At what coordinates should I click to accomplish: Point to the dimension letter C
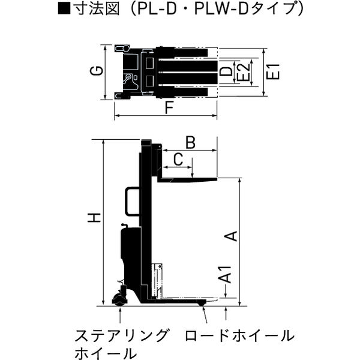pos(178,159)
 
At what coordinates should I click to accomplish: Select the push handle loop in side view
pos(130,202)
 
